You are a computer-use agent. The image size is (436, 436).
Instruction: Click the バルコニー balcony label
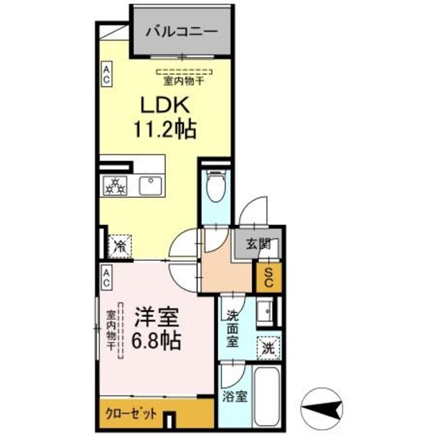[181, 31]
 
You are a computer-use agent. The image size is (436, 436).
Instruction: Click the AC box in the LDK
[107, 74]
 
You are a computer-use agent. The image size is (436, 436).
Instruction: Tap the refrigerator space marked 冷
[120, 245]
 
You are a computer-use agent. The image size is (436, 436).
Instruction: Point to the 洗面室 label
[232, 328]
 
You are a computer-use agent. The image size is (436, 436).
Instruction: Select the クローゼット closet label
[132, 414]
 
